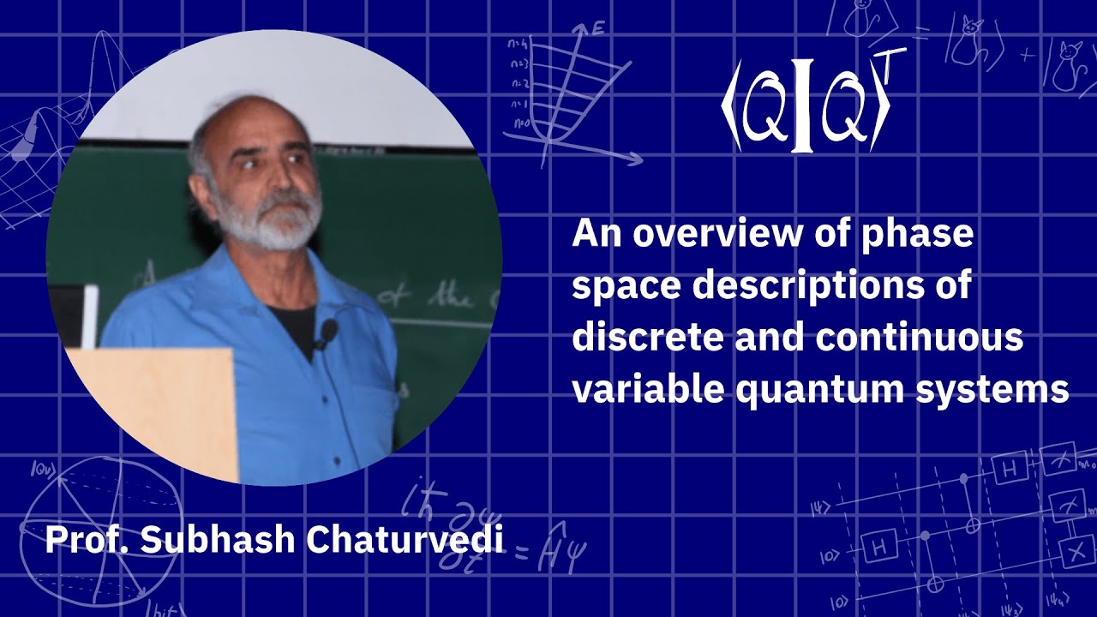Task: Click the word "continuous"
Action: pos(919,338)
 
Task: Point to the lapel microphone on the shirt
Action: pos(327,331)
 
